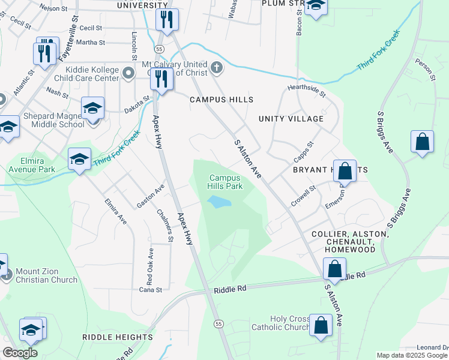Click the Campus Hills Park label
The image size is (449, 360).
225,182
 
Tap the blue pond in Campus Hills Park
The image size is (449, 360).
219,203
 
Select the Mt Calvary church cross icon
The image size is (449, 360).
217,69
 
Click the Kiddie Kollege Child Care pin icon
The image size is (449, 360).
127,73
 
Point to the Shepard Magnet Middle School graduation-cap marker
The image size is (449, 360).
92,109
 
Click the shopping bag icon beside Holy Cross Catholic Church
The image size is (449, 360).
321,325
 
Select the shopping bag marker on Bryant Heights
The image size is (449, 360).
345,170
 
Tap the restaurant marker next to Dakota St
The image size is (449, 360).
161,79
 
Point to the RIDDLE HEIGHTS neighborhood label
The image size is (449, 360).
117,337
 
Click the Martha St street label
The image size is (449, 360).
91,43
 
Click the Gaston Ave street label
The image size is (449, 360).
150,196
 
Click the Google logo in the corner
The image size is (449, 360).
20,353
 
